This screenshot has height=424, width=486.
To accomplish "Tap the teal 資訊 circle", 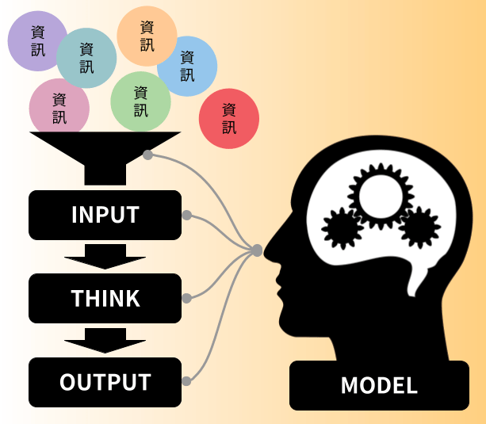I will (87, 58).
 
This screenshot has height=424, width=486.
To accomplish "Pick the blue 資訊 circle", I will (188, 66).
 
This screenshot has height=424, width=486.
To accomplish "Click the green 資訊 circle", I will (140, 101).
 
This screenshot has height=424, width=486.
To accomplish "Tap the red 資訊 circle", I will (229, 118).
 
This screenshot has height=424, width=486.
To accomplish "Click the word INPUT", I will (105, 215).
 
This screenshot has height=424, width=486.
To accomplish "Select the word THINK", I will (105, 298).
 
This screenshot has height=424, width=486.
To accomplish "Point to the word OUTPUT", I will (105, 382).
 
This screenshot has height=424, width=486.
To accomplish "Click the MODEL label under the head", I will (379, 386).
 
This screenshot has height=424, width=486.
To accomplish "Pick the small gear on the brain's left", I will (342, 229).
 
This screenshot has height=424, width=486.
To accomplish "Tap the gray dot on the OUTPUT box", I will (186, 381).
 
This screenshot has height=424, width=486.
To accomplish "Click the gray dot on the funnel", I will (148, 155).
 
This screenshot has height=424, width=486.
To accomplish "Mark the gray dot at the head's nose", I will (257, 250).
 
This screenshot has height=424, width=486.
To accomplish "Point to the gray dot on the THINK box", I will (186, 298).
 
